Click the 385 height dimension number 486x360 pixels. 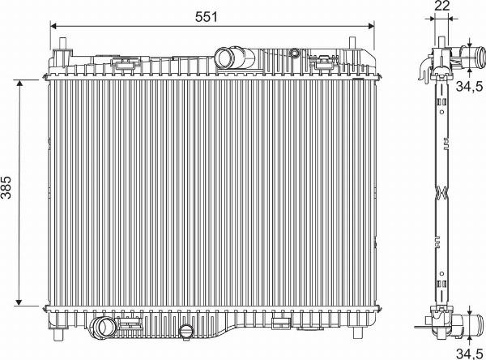pyautogui.click(x=8, y=193)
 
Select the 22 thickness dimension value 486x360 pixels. pyautogui.click(x=441, y=6)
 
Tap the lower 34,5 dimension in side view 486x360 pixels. pyautogui.click(x=467, y=352)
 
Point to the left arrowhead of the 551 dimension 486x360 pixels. pyautogui.click(x=54, y=25)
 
